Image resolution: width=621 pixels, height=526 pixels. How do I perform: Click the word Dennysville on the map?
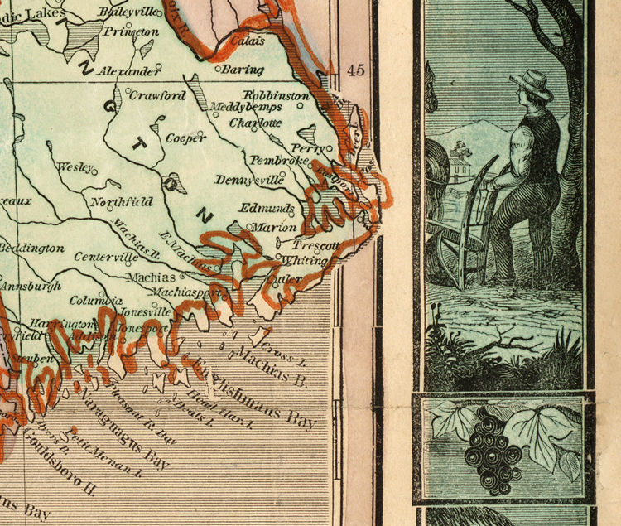click(249, 180)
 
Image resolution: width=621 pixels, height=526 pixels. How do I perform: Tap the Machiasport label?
click(187, 292)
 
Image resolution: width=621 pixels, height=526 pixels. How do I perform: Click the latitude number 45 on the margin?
click(357, 70)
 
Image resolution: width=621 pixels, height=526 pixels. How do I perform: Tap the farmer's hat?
click(532, 84)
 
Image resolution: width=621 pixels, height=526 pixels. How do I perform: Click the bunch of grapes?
click(493, 448)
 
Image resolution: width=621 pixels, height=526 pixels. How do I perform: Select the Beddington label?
click(31, 248)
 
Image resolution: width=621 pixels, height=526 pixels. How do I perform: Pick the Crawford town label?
click(157, 95)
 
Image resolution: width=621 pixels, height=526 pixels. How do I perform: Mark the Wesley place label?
click(73, 166)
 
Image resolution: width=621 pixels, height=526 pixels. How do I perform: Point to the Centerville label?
click(106, 257)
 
